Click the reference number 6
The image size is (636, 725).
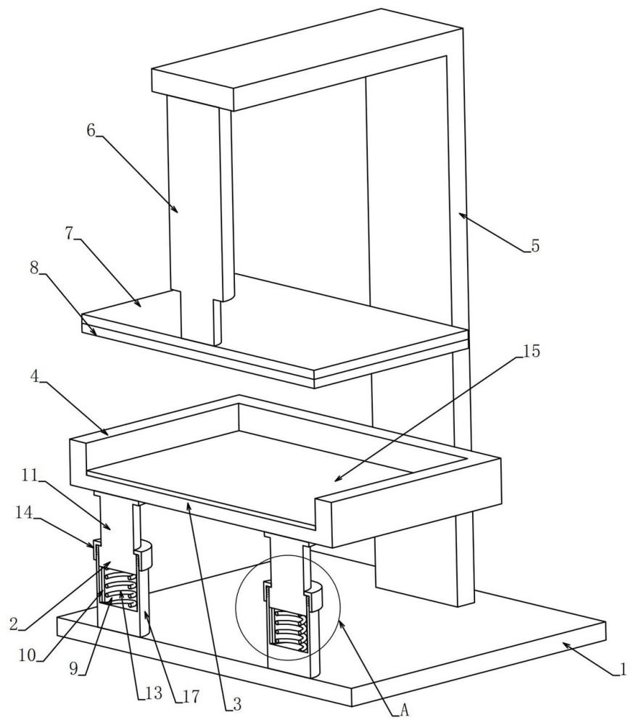tap(91, 130)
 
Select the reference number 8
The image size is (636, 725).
tap(34, 268)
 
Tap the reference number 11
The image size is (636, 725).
tap(30, 476)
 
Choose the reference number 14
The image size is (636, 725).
tap(24, 513)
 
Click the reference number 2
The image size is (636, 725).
tap(15, 623)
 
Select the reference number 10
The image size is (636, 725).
tap(28, 655)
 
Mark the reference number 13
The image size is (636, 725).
tap(154, 692)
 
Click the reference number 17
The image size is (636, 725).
tap(191, 696)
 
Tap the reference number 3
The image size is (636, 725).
tap(236, 704)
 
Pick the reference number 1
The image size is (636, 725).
tap(623, 669)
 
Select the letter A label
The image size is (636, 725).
tap(404, 710)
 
